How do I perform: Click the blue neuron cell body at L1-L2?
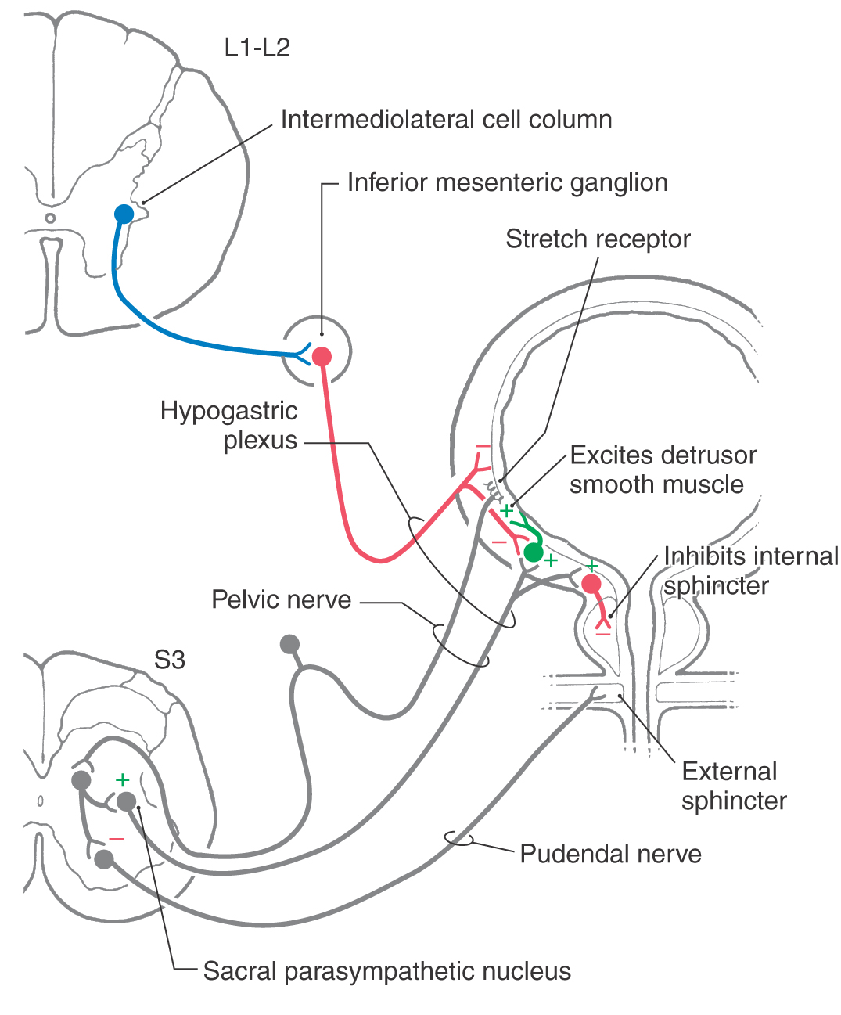[124, 213]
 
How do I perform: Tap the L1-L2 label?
[257, 48]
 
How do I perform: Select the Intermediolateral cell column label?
[446, 120]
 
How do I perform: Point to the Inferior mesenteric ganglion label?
[507, 182]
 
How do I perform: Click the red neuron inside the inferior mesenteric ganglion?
[322, 357]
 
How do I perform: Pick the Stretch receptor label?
[598, 239]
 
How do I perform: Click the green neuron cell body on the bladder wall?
[534, 552]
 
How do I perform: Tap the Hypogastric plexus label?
[229, 425]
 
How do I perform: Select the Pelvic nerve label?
[281, 599]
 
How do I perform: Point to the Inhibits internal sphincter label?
[749, 570]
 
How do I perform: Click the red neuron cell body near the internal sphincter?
[591, 583]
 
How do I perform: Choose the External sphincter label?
[732, 786]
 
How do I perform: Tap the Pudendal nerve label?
[610, 853]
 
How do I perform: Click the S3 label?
[169, 660]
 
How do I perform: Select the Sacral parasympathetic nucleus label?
[386, 971]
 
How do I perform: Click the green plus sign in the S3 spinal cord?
[122, 779]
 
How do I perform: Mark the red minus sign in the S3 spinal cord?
[117, 839]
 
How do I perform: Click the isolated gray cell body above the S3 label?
[289, 644]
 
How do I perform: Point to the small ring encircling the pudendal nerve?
[458, 838]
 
